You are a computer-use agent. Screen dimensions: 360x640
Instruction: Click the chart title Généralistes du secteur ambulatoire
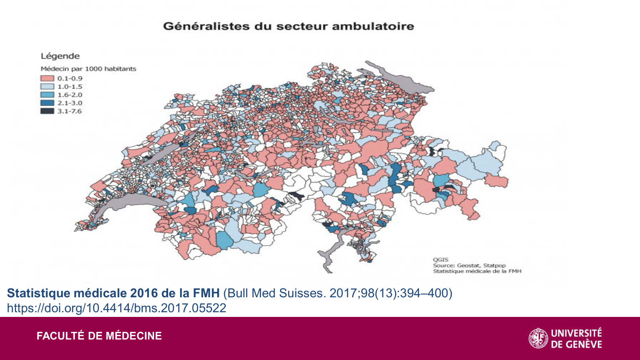pos(288,26)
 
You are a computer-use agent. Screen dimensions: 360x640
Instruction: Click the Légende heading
pos(60,56)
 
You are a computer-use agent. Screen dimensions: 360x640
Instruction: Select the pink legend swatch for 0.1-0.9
pos(47,78)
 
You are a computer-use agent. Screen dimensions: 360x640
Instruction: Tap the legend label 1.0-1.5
pos(70,87)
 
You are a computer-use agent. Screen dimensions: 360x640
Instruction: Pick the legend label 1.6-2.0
pos(70,95)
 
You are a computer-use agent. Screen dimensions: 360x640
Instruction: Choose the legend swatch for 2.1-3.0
pos(47,103)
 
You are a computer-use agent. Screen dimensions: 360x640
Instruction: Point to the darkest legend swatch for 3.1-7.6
pos(47,111)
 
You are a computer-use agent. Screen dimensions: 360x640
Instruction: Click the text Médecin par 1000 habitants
pos(88,69)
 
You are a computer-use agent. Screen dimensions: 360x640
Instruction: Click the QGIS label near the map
pos(440,259)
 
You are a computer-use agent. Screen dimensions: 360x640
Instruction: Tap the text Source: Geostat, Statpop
pos(469,265)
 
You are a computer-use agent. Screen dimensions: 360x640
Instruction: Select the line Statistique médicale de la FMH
pos(477,271)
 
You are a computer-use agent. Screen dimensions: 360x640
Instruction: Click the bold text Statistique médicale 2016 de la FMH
pos(113,293)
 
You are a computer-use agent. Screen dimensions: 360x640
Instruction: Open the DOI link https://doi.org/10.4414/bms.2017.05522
pos(116,308)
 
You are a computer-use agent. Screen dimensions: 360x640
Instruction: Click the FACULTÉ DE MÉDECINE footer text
pos(99,336)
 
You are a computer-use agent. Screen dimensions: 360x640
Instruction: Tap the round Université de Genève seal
pos(538,338)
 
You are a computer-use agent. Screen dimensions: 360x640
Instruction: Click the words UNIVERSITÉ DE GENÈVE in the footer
pos(576,338)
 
